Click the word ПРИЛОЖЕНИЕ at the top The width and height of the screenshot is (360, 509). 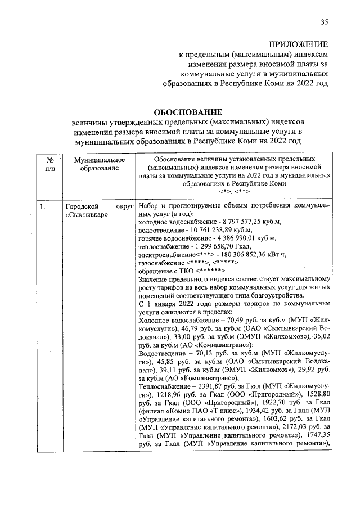(298, 44)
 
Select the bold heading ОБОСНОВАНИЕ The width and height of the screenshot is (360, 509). (187, 112)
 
